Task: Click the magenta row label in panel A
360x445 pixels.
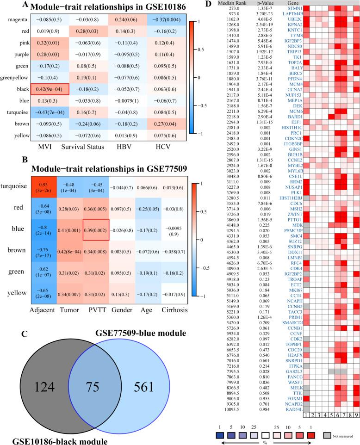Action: [x=18, y=20]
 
